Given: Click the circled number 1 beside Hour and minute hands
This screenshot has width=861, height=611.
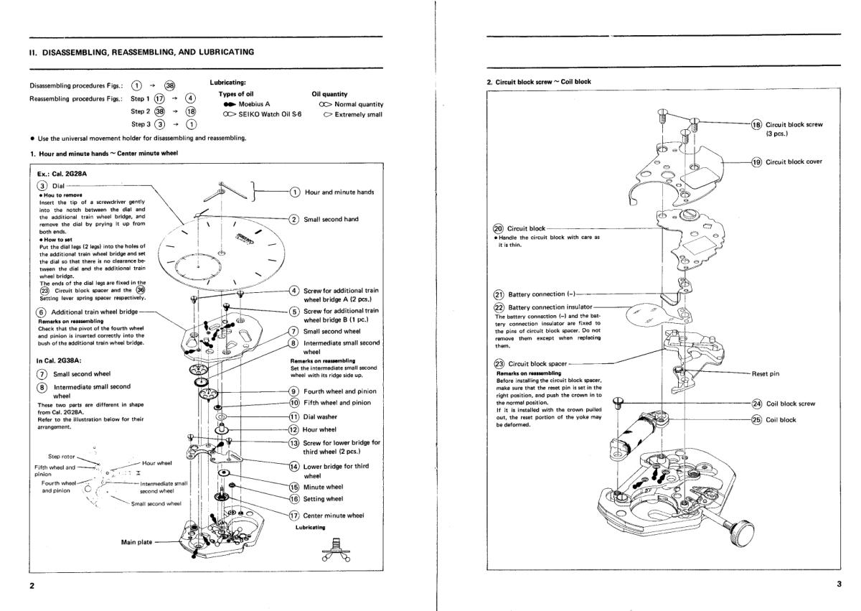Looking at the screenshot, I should click(294, 192).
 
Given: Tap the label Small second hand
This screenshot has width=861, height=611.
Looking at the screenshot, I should click(331, 220).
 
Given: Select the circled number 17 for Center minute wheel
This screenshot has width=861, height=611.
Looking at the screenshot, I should click(294, 515).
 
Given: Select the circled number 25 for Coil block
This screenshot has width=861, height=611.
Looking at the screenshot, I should click(756, 419).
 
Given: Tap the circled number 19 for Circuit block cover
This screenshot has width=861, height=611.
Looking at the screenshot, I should click(756, 162).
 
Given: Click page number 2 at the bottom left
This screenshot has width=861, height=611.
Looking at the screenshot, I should click(31, 585).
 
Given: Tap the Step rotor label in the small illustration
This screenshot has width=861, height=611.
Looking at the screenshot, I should click(63, 456).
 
